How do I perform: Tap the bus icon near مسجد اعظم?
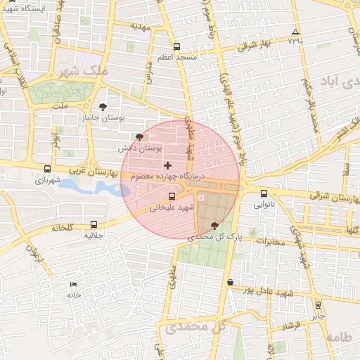pyautogui.click(x=176, y=47)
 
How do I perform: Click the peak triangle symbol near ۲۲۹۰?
pyautogui.click(x=295, y=32)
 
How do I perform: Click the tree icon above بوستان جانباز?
pyautogui.click(x=104, y=107)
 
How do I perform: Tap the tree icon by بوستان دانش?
pyautogui.click(x=139, y=137)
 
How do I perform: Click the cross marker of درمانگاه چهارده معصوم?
pyautogui.click(x=167, y=165)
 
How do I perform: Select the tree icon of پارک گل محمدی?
pyautogui.click(x=214, y=225)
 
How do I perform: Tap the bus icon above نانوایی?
pyautogui.click(x=264, y=193)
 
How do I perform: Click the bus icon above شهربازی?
pyautogui.click(x=47, y=169)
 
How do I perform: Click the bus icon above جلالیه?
pyautogui.click(x=94, y=225)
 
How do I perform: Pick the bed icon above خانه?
pyautogui.click(x=74, y=284)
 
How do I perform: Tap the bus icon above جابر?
pyautogui.click(x=318, y=305)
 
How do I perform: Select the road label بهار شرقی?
pyautogui.click(x=255, y=44)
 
